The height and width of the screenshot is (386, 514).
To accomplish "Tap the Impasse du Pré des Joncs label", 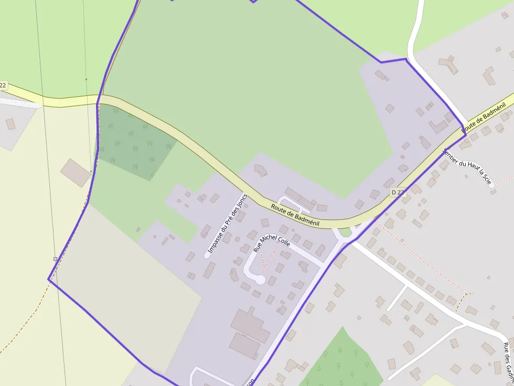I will pyautogui.click(x=227, y=224).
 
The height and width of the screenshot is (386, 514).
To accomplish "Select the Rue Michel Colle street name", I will pyautogui.click(x=272, y=244).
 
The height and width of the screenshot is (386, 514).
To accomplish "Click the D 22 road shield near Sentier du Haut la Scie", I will pyautogui.click(x=398, y=193).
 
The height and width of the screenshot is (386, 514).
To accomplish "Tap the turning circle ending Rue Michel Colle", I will pyautogui.click(x=259, y=280).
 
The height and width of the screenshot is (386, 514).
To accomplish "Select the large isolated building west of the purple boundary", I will pyautogui.click(x=76, y=173).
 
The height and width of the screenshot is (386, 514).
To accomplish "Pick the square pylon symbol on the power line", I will pyautogui.click(x=55, y=259).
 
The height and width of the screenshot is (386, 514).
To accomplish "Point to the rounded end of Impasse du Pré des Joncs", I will pyautogui.click(x=207, y=255).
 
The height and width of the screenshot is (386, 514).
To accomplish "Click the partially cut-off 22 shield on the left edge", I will pyautogui.click(x=3, y=85).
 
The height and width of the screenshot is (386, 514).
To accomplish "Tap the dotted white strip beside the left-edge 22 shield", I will pyautogui.click(x=21, y=103).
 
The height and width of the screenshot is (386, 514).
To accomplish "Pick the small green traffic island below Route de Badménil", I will pyautogui.click(x=345, y=232).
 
